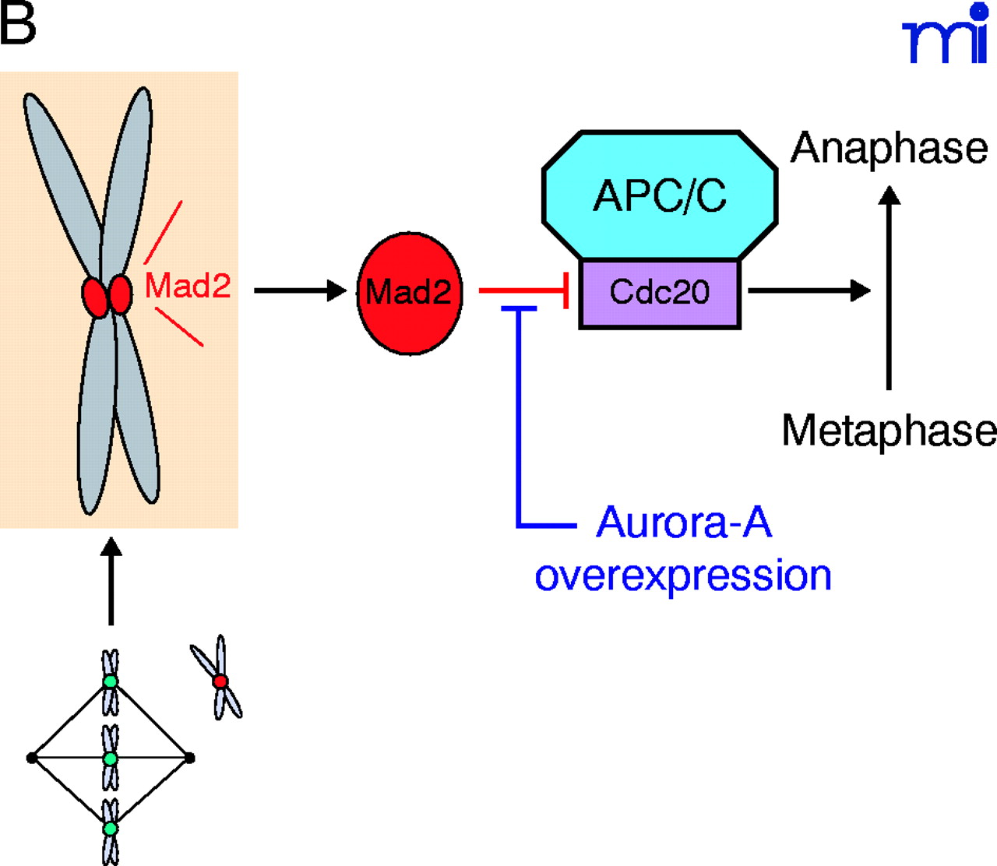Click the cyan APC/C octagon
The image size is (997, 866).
pos(660,195)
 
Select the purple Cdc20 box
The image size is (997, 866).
pos(660,294)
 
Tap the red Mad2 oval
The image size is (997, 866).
pos(409,293)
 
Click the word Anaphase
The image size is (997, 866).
pos(890,148)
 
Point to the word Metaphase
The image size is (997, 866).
pos(889,431)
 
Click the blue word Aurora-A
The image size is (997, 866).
pos(684,523)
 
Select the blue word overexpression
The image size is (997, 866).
pos(683,576)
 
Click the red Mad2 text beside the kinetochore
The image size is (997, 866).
pos(188,286)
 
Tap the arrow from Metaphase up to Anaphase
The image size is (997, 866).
pos(889,288)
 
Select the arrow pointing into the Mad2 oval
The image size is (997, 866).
pos(300,290)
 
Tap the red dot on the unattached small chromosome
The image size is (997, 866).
pos(220,681)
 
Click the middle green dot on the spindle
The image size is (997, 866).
pos(111,758)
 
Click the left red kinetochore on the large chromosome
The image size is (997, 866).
pos(95,297)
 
